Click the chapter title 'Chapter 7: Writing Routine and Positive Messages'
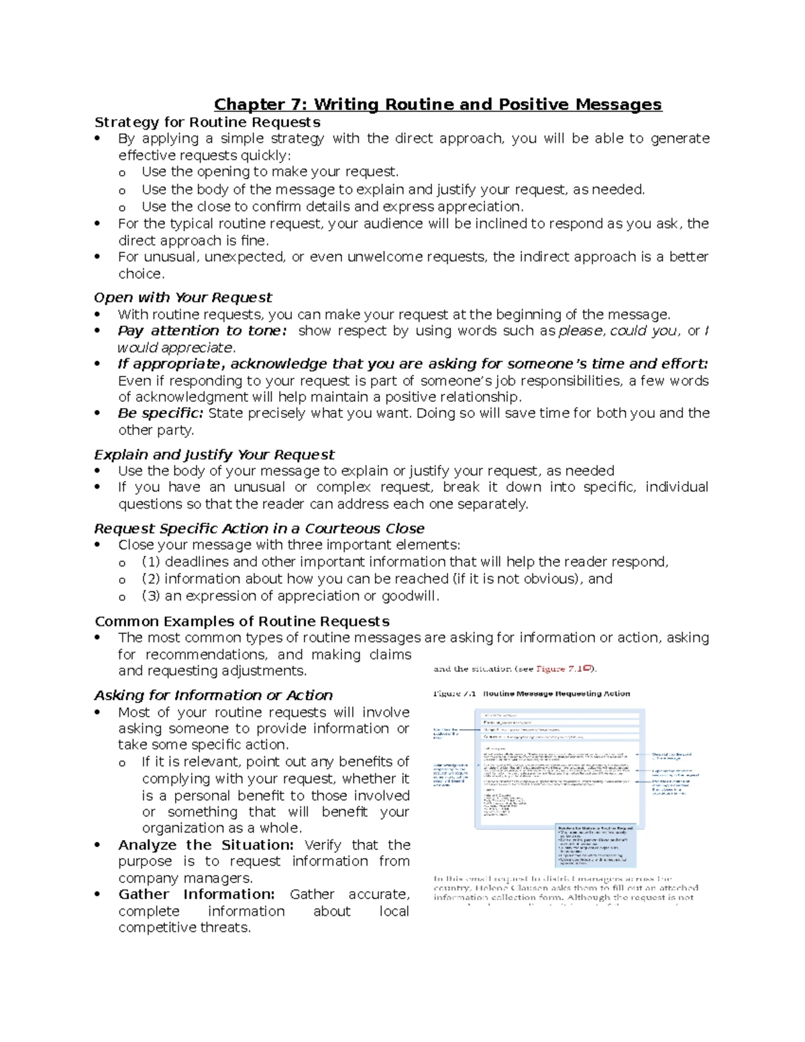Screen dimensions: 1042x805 pyautogui.click(x=437, y=105)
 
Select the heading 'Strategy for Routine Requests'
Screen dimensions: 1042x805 pyautogui.click(x=207, y=122)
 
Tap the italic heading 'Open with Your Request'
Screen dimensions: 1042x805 pyautogui.click(x=182, y=297)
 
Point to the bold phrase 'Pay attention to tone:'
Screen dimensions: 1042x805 pyautogui.click(x=202, y=331)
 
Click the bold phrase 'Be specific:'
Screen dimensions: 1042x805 pyautogui.click(x=160, y=413)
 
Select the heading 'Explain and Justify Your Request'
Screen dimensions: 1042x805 pyautogui.click(x=214, y=455)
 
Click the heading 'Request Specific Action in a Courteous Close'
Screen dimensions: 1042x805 pyautogui.click(x=259, y=529)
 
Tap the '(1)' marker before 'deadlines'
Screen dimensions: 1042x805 pyautogui.click(x=151, y=562)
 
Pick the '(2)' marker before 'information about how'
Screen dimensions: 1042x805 pyautogui.click(x=151, y=579)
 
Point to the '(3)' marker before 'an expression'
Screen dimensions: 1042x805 pyautogui.click(x=151, y=596)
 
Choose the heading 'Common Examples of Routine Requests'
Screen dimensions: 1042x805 pyautogui.click(x=241, y=621)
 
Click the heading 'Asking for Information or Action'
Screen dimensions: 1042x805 pyautogui.click(x=213, y=695)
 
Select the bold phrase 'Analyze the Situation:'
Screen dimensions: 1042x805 pyautogui.click(x=206, y=845)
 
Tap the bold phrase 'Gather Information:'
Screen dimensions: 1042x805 pyautogui.click(x=197, y=894)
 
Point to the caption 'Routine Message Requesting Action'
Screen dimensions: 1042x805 pyautogui.click(x=556, y=694)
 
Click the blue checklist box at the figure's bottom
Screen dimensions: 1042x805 pyautogui.click(x=596, y=845)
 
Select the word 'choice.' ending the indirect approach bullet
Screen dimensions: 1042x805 pyautogui.click(x=141, y=274)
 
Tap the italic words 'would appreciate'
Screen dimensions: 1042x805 pyautogui.click(x=176, y=348)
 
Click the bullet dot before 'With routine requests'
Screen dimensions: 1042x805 pyautogui.click(x=98, y=315)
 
